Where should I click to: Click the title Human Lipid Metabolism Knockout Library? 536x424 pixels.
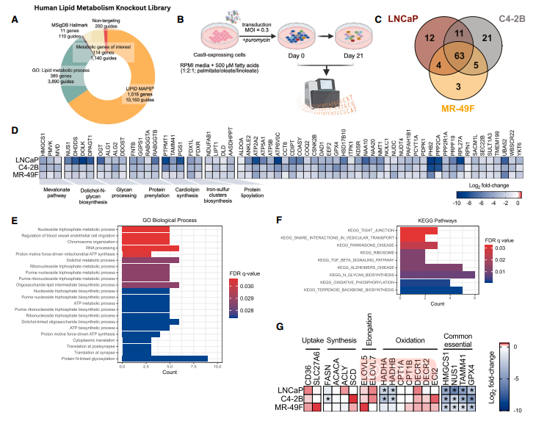point(98,7)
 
